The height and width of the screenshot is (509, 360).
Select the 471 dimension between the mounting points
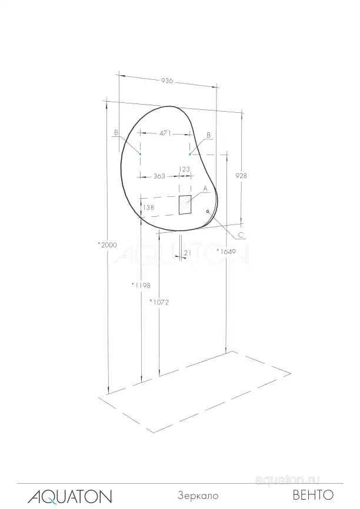coord(165,133)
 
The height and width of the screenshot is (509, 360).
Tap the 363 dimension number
coord(158,176)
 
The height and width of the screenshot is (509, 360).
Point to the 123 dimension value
coord(184,169)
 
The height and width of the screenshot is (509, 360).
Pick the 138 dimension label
coord(149,207)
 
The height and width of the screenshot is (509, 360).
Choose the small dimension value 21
coord(187,253)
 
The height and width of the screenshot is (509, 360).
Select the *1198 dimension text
coord(141,285)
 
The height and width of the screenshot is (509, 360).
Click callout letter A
coord(205,188)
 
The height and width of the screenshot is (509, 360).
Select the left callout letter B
coord(116,133)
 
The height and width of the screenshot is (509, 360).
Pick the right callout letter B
coord(208,135)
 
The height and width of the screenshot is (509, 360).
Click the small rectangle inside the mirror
coord(185,205)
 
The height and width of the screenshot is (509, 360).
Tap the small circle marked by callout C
coord(208,210)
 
